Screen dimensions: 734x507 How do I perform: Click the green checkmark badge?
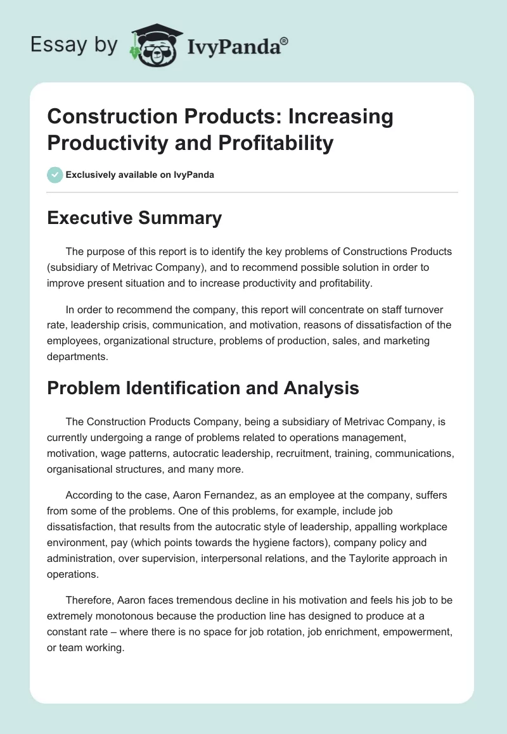(55, 175)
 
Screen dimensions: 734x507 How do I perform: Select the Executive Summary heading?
(134, 218)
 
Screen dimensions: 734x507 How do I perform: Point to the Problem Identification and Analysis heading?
(203, 388)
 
